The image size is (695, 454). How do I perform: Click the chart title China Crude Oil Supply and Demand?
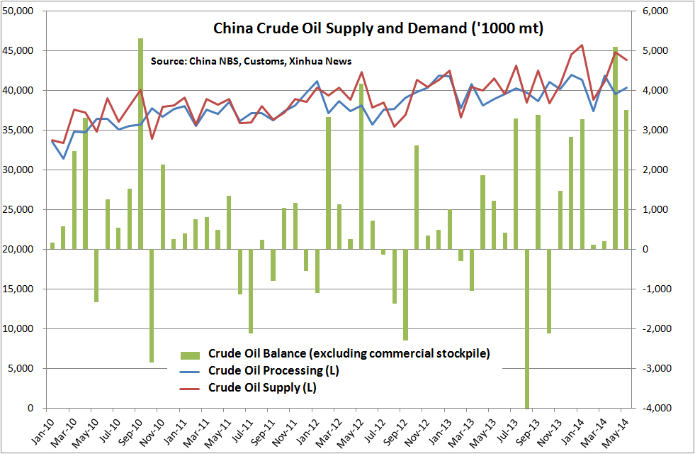tap(378, 30)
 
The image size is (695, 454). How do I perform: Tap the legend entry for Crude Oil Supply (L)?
tap(261, 388)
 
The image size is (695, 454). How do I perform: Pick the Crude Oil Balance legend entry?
tap(349, 353)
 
